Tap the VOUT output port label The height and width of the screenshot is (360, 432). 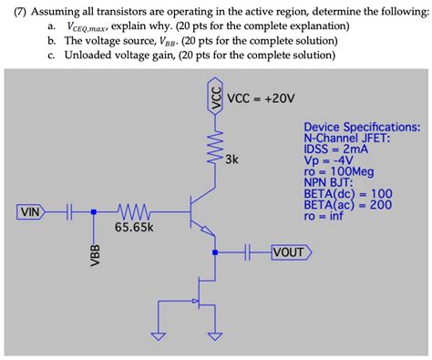tap(291, 251)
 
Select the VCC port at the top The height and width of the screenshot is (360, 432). tap(216, 97)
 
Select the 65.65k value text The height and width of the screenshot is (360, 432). tap(133, 227)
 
